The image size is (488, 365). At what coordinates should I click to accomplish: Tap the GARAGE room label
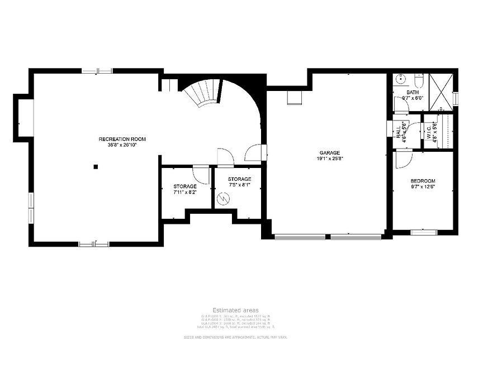click(329, 152)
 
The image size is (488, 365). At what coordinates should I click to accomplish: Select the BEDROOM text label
click(422, 181)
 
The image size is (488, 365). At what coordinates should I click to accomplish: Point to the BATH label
click(412, 92)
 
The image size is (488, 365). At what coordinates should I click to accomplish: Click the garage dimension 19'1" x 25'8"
click(329, 159)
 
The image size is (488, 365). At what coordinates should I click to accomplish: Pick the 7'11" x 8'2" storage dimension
click(184, 192)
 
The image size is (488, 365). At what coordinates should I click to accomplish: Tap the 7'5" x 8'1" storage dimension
click(239, 185)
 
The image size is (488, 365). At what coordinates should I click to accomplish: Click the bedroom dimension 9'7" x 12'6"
click(422, 188)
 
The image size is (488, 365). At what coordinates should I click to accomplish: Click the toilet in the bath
click(419, 80)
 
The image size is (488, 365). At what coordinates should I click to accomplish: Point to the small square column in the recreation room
click(96, 166)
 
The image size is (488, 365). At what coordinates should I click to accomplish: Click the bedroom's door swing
click(402, 160)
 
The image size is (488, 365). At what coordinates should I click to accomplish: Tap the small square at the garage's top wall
click(294, 98)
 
